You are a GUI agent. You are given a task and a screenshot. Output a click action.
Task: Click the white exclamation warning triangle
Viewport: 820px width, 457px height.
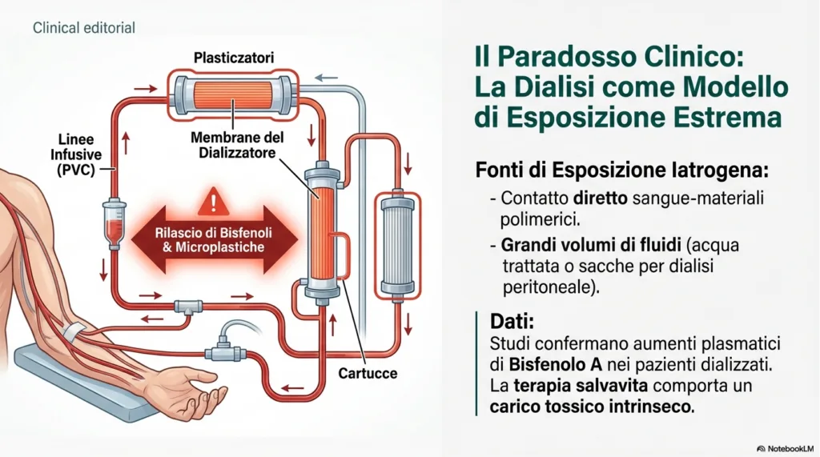pos(213,202)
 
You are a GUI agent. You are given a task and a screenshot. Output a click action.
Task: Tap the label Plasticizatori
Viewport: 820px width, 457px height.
pos(234,58)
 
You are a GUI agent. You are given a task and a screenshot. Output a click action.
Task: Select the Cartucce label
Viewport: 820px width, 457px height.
pos(368,373)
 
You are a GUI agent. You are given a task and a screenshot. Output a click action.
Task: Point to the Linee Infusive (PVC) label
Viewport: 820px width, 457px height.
pos(76,154)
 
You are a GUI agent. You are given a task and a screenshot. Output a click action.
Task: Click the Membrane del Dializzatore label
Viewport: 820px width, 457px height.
pos(237,146)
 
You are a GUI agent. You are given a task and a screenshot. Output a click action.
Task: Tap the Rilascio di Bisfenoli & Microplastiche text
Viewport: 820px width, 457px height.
pos(213,240)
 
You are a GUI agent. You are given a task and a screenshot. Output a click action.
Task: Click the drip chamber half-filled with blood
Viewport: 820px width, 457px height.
pos(114,222)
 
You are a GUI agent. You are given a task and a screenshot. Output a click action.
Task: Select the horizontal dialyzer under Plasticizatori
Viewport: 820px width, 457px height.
pos(233,94)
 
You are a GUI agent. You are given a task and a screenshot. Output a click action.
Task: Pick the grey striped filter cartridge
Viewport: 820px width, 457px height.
pos(398,245)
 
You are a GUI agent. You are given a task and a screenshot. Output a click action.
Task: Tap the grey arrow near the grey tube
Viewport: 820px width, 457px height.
pos(326,78)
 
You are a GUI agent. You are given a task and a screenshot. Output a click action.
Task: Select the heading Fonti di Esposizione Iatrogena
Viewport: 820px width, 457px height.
pos(622,170)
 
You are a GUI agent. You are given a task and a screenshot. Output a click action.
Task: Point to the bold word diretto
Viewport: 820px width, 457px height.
pos(600,198)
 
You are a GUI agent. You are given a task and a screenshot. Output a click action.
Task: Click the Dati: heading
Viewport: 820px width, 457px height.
pos(512,320)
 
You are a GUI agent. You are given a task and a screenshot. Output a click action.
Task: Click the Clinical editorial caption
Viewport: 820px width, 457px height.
pos(83,28)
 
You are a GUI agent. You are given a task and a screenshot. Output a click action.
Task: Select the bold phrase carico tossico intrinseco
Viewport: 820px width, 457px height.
pos(592,407)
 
